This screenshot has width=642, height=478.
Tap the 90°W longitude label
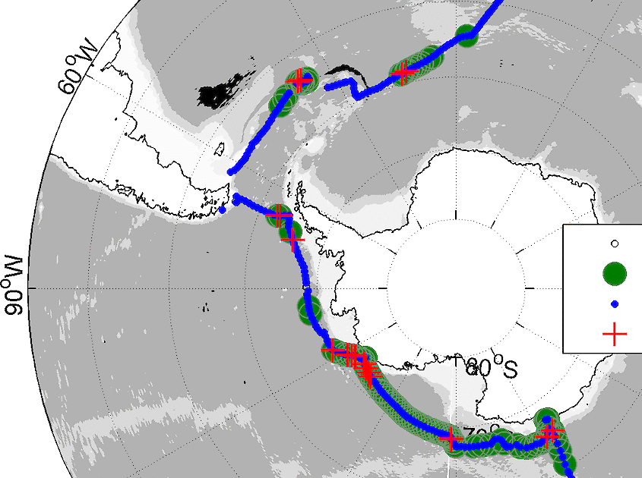[x=15, y=289]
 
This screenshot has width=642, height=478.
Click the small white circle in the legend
[x=615, y=244]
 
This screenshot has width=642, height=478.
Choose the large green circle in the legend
[x=614, y=272]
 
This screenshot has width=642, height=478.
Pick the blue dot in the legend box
[x=614, y=304]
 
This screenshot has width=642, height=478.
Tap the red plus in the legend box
[x=614, y=333]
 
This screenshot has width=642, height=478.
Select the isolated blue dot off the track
[x=222, y=209]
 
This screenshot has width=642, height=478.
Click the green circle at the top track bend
[x=466, y=33]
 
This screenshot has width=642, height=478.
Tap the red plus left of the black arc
[x=301, y=79]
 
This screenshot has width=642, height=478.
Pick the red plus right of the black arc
[x=403, y=72]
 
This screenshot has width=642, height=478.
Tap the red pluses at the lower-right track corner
[x=549, y=433]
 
